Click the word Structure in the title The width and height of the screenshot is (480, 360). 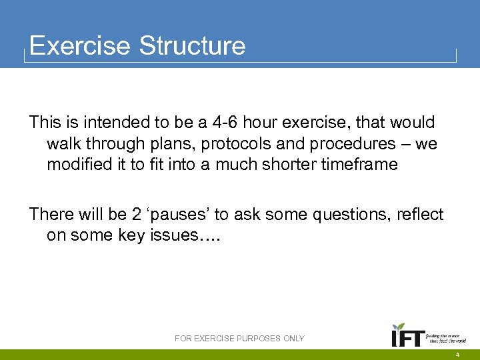click(x=192, y=46)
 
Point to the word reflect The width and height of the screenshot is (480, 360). click(x=418, y=215)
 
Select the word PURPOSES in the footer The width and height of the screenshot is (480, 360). click(x=257, y=339)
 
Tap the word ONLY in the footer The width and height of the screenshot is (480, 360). click(x=293, y=339)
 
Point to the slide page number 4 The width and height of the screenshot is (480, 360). click(x=457, y=354)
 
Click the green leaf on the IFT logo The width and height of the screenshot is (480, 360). click(x=399, y=327)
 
